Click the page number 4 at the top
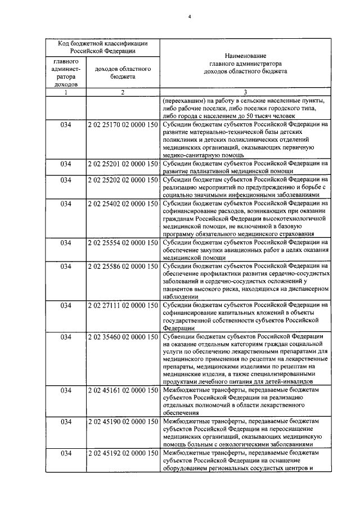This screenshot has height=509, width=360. (x=190, y=16)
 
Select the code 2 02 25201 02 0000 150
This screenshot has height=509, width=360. (x=123, y=163)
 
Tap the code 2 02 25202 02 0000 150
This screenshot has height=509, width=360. (x=123, y=180)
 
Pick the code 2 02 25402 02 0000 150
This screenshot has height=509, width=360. (x=123, y=203)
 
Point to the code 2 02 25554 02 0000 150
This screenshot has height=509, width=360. (x=123, y=242)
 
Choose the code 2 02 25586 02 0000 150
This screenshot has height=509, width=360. (x=123, y=266)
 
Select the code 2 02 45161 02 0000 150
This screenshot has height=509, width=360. (x=123, y=390)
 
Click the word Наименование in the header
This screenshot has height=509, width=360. (x=245, y=57)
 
